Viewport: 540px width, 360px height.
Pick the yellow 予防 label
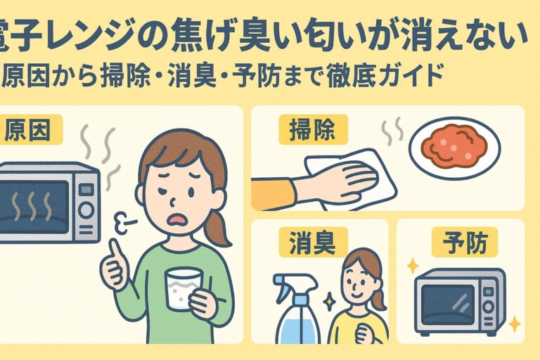pos(465,242)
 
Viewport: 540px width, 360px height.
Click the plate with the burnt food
pos(455,148)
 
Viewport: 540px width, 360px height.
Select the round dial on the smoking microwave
pos(86,210)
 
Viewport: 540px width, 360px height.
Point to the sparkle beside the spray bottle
pos(330,300)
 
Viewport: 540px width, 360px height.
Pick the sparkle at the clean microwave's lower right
pos(515,324)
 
